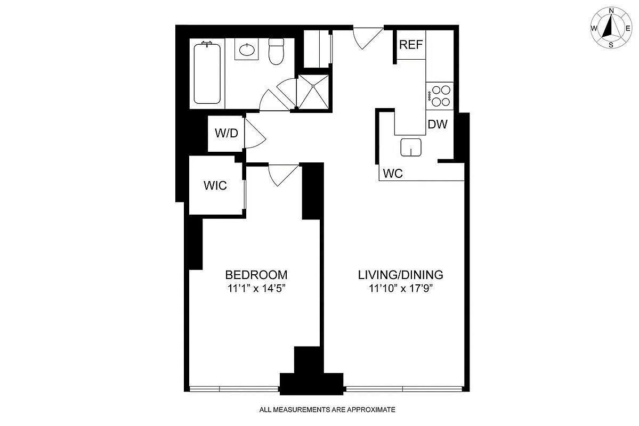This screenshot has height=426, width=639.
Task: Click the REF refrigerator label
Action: [x=411, y=45]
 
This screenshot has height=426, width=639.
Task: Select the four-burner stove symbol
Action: [x=440, y=96]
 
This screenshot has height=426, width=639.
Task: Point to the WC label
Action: [x=392, y=174]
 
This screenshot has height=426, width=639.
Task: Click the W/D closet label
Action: [x=226, y=133]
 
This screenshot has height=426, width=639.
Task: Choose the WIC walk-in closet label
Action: [x=215, y=185]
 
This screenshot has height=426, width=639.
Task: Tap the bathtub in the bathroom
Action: [x=207, y=74]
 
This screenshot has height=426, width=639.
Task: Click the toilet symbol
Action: [x=276, y=52]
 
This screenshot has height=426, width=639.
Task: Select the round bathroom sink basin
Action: [x=246, y=51]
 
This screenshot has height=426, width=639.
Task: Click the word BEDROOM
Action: [x=256, y=275]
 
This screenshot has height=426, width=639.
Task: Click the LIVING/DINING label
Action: [x=400, y=275]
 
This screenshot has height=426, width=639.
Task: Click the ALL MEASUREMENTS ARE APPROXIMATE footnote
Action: [x=327, y=409]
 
